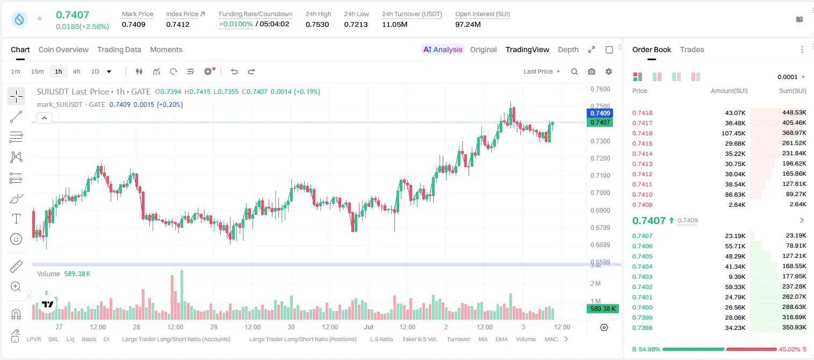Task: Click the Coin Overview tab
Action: click(x=63, y=49)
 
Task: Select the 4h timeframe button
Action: click(x=76, y=71)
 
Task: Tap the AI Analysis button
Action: click(x=443, y=49)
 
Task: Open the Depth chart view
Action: click(x=568, y=49)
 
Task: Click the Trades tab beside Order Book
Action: click(x=691, y=49)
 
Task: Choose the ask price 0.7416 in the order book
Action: click(x=642, y=133)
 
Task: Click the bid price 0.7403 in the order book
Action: click(x=642, y=277)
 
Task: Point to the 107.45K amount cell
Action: click(x=733, y=133)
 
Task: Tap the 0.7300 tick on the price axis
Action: click(x=600, y=141)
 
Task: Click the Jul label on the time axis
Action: click(x=369, y=327)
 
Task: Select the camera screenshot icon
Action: click(x=592, y=71)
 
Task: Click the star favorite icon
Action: click(x=40, y=18)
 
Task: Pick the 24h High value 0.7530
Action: click(x=317, y=24)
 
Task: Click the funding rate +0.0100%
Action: click(x=235, y=24)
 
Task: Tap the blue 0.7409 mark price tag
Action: click(x=600, y=113)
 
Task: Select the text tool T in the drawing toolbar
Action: click(x=16, y=219)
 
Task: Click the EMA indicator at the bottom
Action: click(x=501, y=339)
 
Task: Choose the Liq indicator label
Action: click(x=70, y=339)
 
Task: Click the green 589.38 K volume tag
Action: click(x=602, y=309)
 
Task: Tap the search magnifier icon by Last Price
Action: click(x=574, y=71)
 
